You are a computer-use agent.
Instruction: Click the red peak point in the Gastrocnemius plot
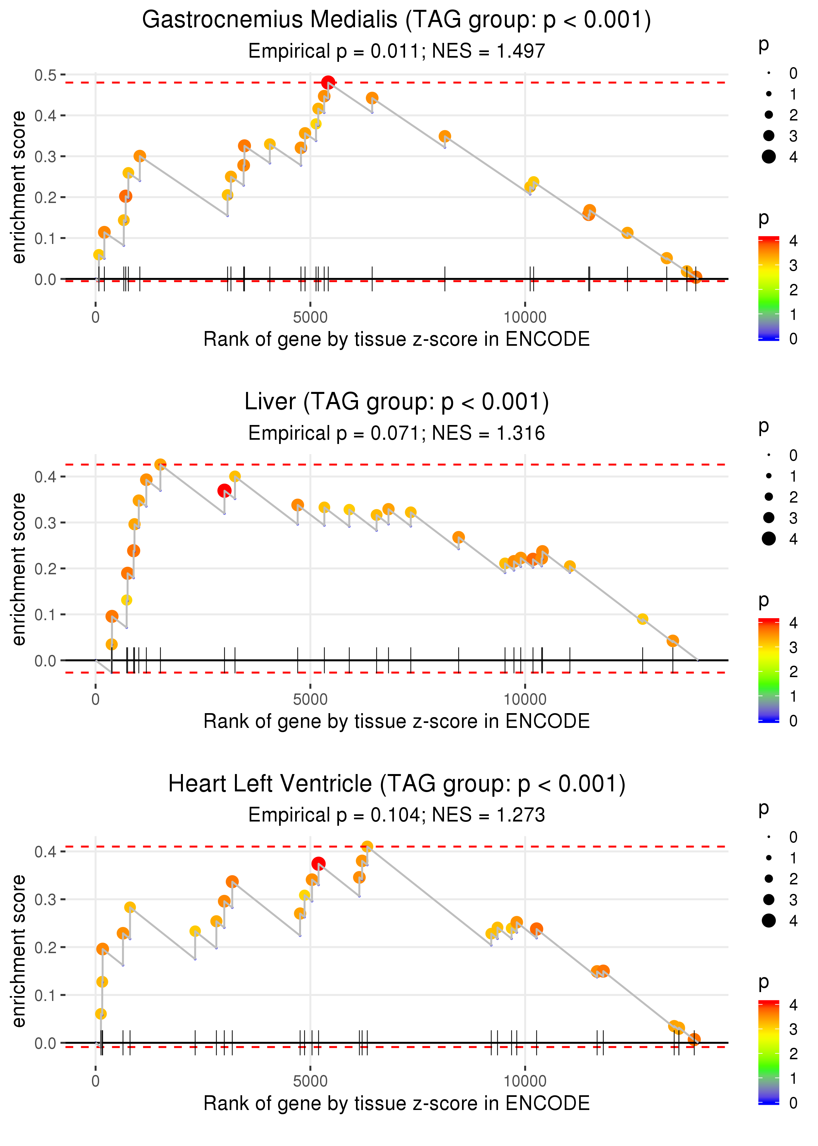pyautogui.click(x=328, y=82)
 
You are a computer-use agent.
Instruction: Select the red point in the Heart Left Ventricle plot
pyautogui.click(x=318, y=864)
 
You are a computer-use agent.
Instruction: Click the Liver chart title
pyautogui.click(x=397, y=402)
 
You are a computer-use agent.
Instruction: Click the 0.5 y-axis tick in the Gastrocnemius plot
pyautogui.click(x=45, y=75)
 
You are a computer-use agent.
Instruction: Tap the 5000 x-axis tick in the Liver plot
pyautogui.click(x=310, y=699)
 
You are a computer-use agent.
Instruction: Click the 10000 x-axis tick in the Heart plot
pyautogui.click(x=525, y=1081)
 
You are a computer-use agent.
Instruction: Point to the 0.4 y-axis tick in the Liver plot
pyautogui.click(x=45, y=477)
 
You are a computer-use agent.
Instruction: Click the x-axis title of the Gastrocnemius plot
pyautogui.click(x=397, y=340)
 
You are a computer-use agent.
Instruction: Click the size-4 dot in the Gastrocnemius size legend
pyautogui.click(x=769, y=157)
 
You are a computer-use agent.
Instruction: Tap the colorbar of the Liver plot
pyautogui.click(x=769, y=670)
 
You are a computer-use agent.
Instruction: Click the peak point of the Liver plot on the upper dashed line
pyautogui.click(x=160, y=465)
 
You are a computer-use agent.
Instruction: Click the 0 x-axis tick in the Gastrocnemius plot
pyautogui.click(x=96, y=318)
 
